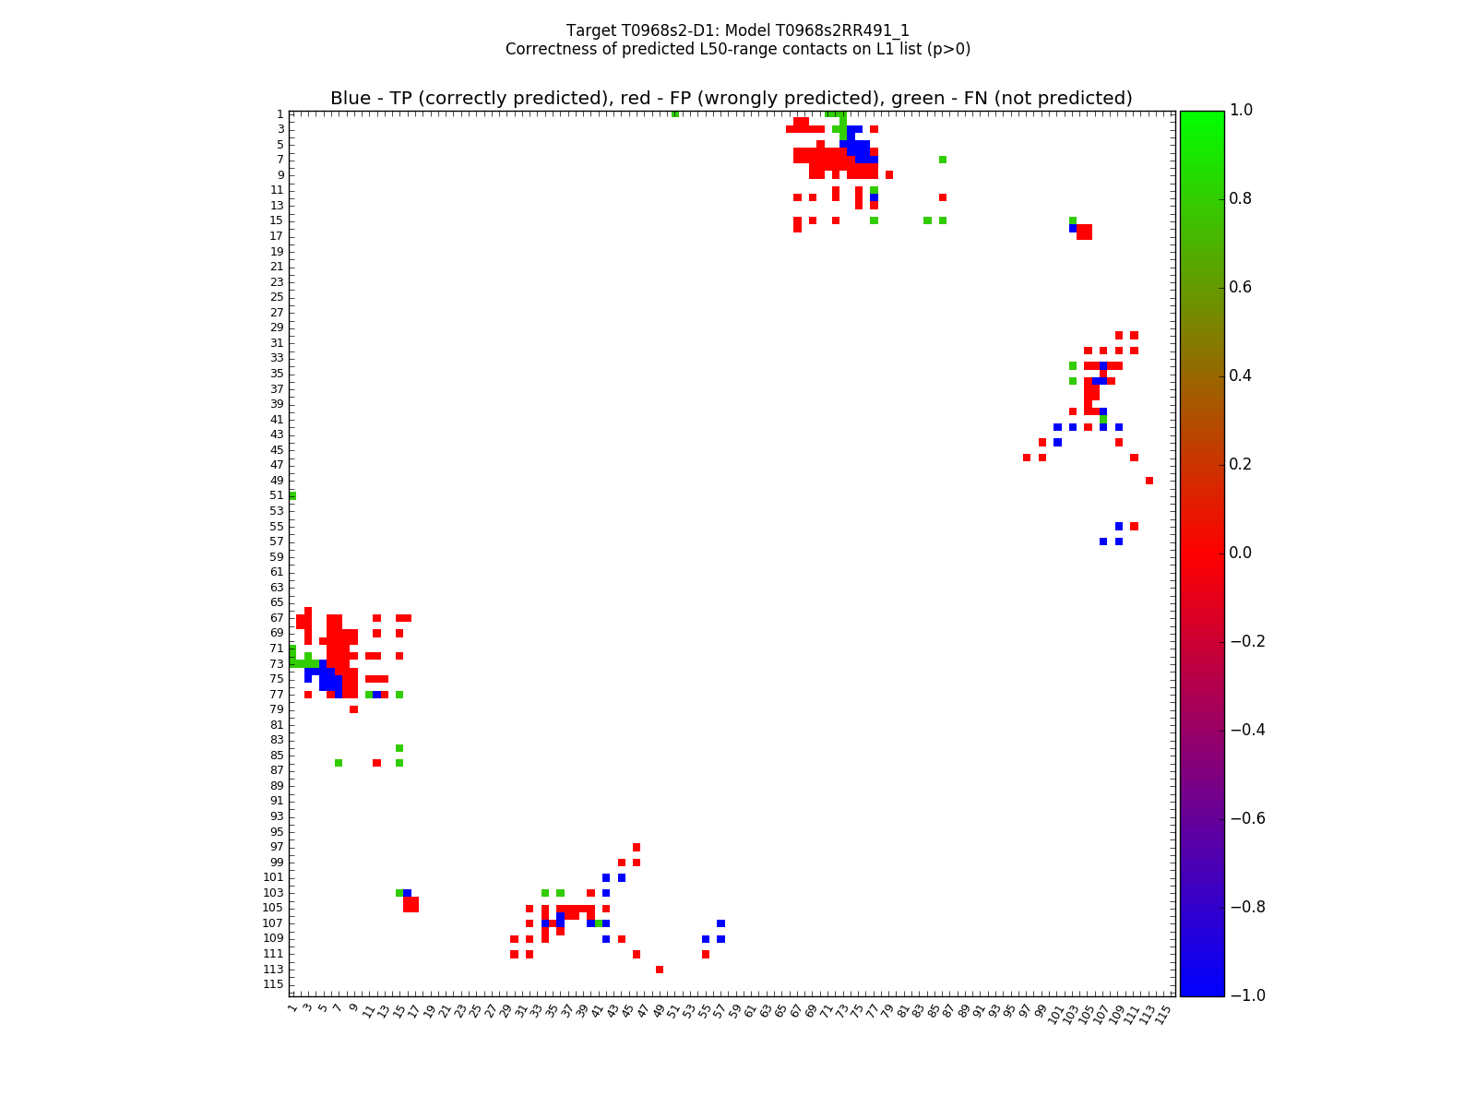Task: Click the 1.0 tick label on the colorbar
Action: click(1246, 111)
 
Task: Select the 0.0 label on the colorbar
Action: click(1246, 553)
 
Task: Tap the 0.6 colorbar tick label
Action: click(1246, 288)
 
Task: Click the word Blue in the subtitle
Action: click(351, 99)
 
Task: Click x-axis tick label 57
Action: click(720, 1013)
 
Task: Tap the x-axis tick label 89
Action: click(964, 1013)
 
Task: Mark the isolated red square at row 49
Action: click(1149, 481)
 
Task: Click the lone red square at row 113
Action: click(660, 970)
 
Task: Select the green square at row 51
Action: click(292, 495)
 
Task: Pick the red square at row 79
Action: click(353, 709)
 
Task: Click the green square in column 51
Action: click(675, 113)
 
